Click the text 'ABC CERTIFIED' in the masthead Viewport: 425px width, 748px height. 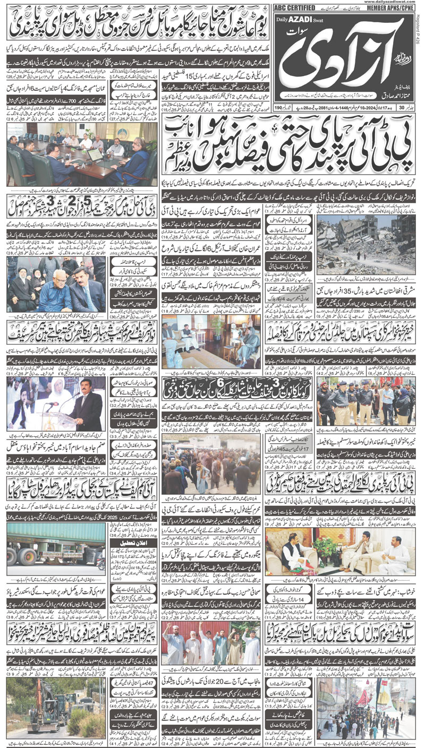[x=293, y=8]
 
